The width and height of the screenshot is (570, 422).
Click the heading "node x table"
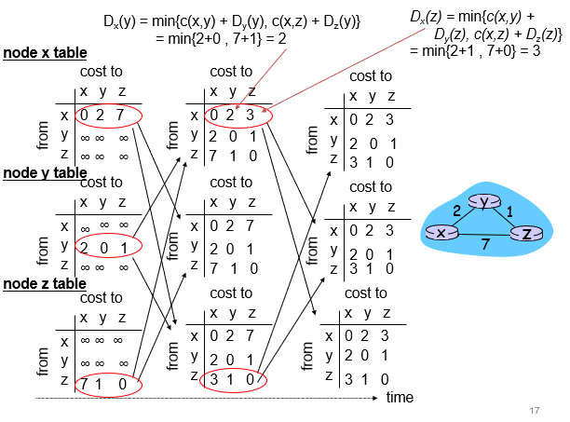point(46,54)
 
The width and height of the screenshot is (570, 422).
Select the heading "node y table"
point(46,172)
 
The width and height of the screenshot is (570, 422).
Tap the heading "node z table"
point(46,283)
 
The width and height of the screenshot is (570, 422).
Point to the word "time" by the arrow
point(400,398)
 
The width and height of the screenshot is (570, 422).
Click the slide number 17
point(534,411)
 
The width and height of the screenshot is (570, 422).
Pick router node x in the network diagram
point(440,231)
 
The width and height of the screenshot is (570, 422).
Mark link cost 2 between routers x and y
point(456,211)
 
